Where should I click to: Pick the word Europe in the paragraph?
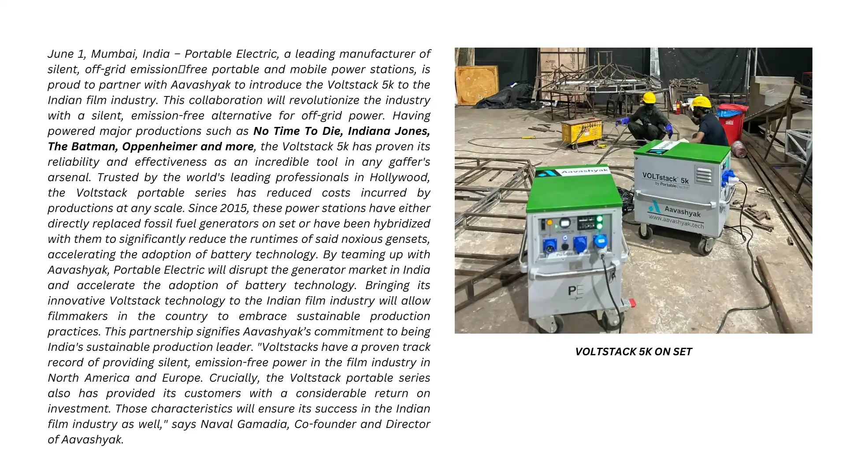pyautogui.click(x=182, y=378)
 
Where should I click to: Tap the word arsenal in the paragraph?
pyautogui.click(x=68, y=177)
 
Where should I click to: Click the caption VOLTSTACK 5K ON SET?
pyautogui.click(x=633, y=352)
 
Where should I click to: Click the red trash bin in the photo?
pyautogui.click(x=732, y=123)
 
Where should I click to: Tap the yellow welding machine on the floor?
pyautogui.click(x=581, y=131)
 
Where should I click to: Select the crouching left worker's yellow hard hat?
pyautogui.click(x=649, y=97)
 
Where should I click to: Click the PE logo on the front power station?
pyautogui.click(x=575, y=290)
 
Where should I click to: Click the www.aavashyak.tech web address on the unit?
pyautogui.click(x=675, y=221)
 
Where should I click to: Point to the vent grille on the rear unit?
pyautogui.click(x=704, y=175)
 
